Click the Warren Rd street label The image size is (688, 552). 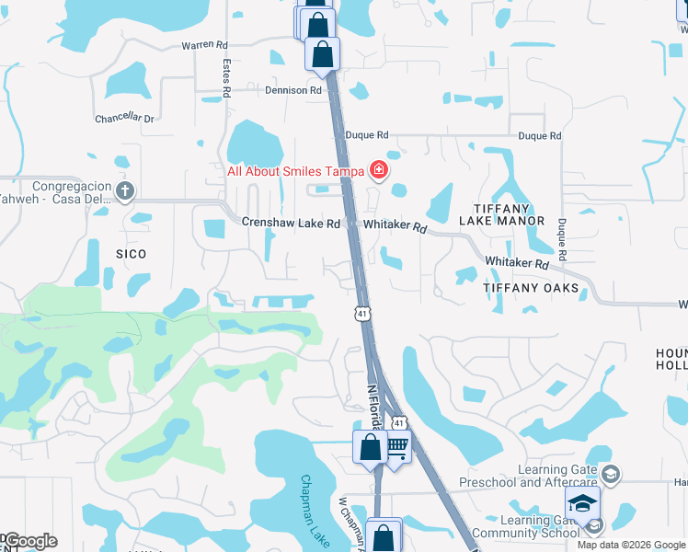click(204, 44)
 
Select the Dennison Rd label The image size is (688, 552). click(293, 91)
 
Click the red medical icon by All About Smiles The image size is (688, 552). click(377, 170)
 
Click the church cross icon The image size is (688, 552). click(126, 190)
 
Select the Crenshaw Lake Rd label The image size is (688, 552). click(291, 224)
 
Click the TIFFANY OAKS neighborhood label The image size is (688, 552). click(532, 288)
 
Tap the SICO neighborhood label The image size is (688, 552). click(132, 253)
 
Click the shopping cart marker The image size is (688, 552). click(396, 448)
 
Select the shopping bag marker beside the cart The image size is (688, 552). click(370, 448)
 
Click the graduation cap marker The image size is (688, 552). click(582, 504)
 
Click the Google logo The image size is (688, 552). click(29, 541)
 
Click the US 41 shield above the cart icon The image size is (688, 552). click(397, 422)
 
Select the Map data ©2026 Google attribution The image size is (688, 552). click(631, 545)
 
